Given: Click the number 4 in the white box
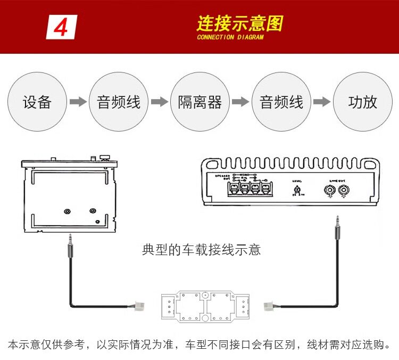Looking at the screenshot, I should click(x=62, y=27).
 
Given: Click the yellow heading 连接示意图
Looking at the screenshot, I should click(x=239, y=23).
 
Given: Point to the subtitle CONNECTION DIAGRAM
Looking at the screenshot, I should click(x=230, y=37).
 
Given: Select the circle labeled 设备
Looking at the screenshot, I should click(x=37, y=102).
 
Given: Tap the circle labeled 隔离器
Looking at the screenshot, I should click(x=200, y=102).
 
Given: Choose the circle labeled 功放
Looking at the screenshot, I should click(x=363, y=102).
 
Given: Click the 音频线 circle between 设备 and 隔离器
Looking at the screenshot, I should click(x=119, y=102).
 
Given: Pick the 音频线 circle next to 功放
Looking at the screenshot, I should click(x=281, y=102).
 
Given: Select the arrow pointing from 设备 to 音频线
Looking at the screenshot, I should click(x=78, y=102).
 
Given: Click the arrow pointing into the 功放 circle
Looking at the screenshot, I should click(x=322, y=102).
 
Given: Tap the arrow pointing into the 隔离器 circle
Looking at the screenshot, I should click(x=160, y=102).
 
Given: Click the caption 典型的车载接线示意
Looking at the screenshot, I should click(x=202, y=249).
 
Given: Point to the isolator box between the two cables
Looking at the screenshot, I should click(x=205, y=307).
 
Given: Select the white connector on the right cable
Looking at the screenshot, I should click(x=270, y=306).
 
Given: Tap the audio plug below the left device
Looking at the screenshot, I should click(x=70, y=247).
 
